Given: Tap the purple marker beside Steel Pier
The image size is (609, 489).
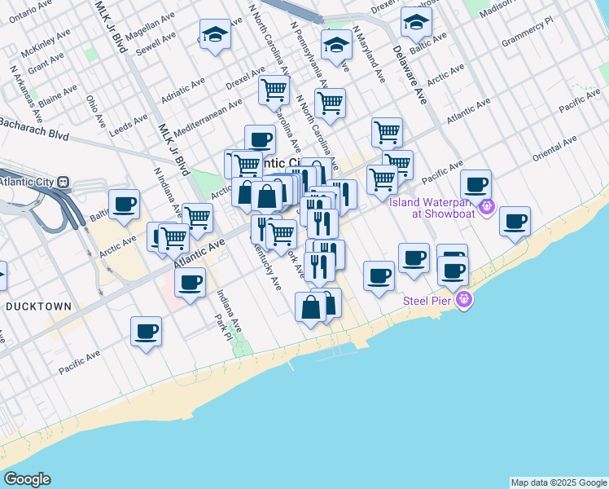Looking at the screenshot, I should coord(464,299).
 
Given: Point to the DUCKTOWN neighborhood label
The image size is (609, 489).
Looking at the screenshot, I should coord(38,306).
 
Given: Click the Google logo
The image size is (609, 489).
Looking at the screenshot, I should coord(27,478).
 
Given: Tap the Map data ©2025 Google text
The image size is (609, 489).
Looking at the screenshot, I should coord(559,482).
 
